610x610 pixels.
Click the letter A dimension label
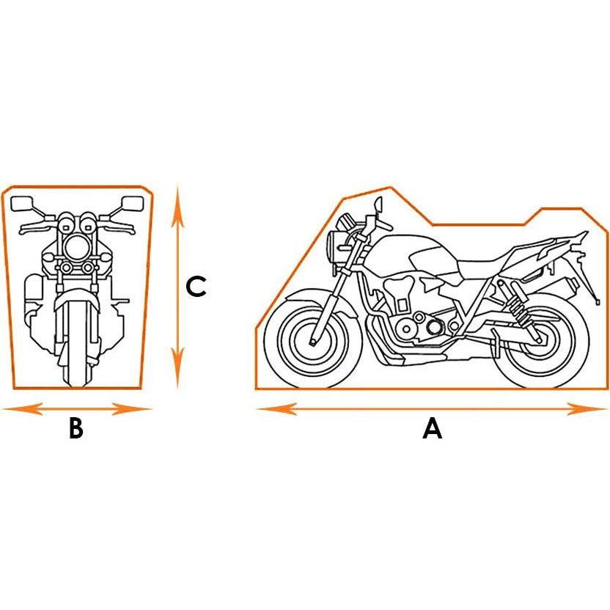[x=433, y=428]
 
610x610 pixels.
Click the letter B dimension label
[x=76, y=428]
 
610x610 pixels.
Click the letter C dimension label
[x=196, y=287]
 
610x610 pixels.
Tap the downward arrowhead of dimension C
[x=177, y=368]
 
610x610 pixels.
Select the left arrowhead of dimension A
[x=276, y=409]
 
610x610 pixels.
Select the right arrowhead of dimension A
[x=587, y=409]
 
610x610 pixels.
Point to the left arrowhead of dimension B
[x=22, y=409]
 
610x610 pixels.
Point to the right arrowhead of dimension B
[x=131, y=409]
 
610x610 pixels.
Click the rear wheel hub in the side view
[x=539, y=340]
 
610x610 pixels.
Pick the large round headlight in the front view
[x=77, y=248]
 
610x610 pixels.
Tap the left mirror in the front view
[x=22, y=204]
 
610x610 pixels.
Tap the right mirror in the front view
[x=132, y=202]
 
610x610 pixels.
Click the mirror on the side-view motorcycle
[x=378, y=204]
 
